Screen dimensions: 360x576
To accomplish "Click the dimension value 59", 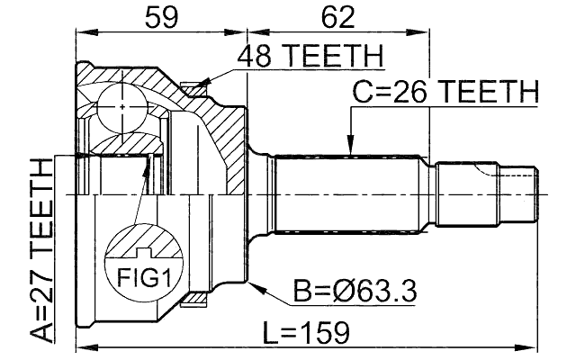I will (x=159, y=16).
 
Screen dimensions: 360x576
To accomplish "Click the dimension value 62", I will (x=337, y=16).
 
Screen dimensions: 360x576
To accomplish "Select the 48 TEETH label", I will (x=309, y=58).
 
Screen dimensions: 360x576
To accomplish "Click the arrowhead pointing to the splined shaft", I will (x=351, y=147).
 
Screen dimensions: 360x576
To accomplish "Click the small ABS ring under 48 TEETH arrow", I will (x=191, y=87).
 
